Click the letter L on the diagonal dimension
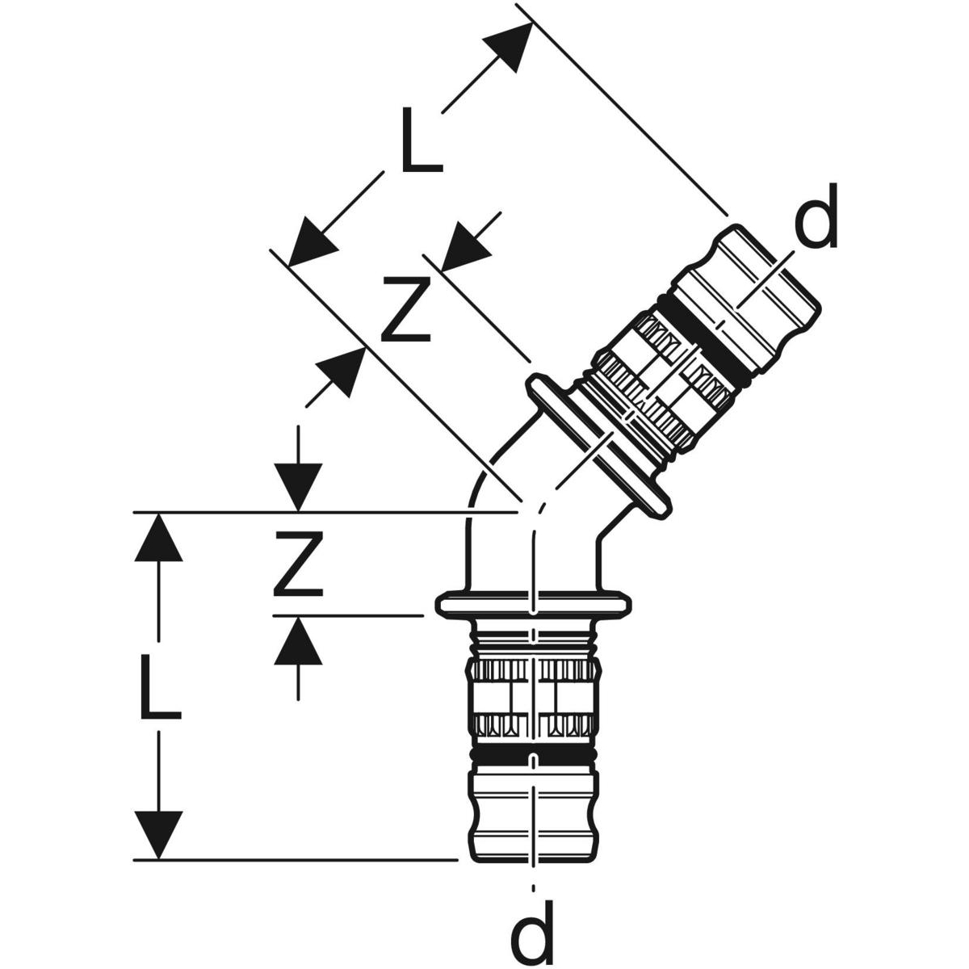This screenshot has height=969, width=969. (418, 142)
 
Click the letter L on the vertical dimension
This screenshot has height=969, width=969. (159, 686)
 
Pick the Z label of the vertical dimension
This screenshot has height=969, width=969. (297, 563)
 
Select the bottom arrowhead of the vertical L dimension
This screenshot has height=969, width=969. (157, 835)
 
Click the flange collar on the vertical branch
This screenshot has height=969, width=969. (535, 604)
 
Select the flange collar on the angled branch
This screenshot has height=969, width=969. (598, 444)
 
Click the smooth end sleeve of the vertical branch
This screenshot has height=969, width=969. (535, 816)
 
